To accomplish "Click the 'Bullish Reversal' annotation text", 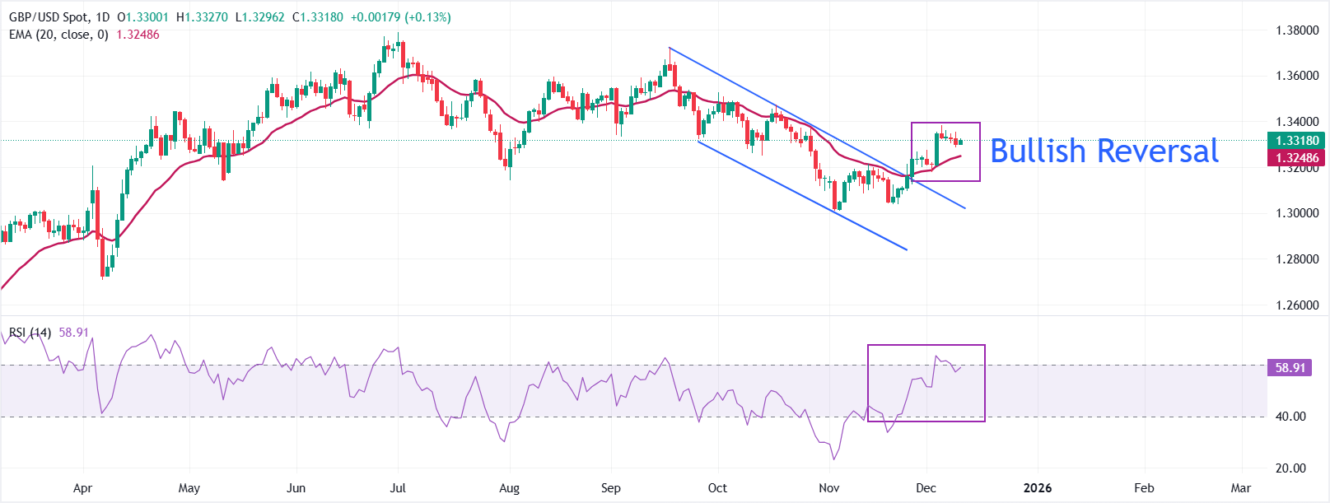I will tap(1104, 151).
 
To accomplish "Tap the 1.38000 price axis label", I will tap(1297, 30).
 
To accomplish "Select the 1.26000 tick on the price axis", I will tap(1297, 305).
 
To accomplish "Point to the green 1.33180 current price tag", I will tap(1297, 141).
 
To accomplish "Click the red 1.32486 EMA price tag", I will tap(1297, 158).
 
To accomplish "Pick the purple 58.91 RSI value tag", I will tap(1290, 368).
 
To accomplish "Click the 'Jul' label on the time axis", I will tap(398, 488).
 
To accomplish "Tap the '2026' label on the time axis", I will tap(1038, 488).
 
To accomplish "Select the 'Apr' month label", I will tap(82, 488).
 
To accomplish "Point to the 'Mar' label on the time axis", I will tap(1240, 488).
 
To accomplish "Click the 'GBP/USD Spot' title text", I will tap(49, 17).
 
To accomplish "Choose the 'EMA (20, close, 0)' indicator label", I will tap(58, 35).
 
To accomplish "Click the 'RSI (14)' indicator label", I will tap(30, 333).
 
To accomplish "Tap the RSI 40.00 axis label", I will tap(1290, 417).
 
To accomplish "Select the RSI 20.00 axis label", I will tap(1290, 468).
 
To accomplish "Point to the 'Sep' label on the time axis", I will tap(610, 488).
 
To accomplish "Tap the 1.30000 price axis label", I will tap(1297, 213).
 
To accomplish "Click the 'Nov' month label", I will tap(829, 488).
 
